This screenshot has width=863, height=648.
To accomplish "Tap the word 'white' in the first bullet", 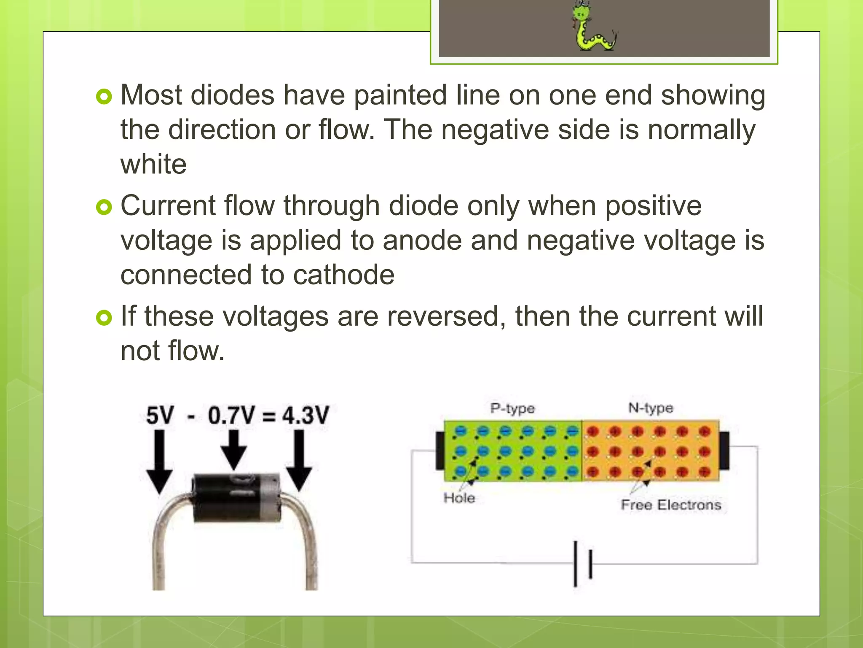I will (153, 164).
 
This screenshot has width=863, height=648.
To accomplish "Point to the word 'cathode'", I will (343, 275).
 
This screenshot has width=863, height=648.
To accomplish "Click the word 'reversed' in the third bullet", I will (442, 316).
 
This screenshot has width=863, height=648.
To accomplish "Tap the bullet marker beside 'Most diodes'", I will (104, 97).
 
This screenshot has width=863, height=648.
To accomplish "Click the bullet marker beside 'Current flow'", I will (104, 207).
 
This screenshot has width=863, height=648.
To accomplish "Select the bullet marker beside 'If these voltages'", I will (104, 318).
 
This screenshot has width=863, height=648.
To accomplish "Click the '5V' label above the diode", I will (160, 415).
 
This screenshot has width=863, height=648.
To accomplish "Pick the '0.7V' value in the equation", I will (231, 415).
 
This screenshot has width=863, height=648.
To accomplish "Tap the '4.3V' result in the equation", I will (305, 415).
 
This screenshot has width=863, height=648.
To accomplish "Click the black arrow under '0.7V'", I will (234, 449).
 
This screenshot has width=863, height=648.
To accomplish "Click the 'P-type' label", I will (512, 408).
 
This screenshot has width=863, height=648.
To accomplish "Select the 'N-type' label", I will (651, 408).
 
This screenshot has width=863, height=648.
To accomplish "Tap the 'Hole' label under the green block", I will (459, 498).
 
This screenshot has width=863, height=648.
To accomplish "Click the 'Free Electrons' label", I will (671, 505).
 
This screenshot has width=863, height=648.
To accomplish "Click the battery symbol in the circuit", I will (583, 564).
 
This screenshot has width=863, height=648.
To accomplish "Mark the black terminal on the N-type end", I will (724, 451).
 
